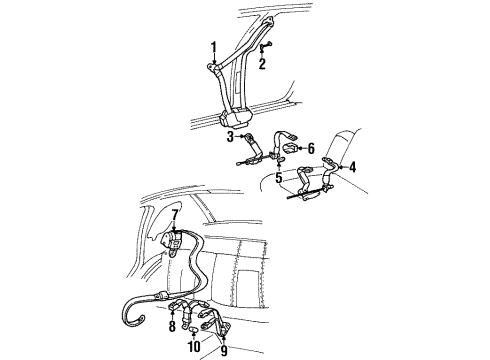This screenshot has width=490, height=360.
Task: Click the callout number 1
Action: pos(212,46)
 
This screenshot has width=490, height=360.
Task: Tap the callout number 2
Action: pos(263,65)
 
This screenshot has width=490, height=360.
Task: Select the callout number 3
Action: pos(229,136)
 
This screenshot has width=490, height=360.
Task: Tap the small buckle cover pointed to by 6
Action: pos(287,149)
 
